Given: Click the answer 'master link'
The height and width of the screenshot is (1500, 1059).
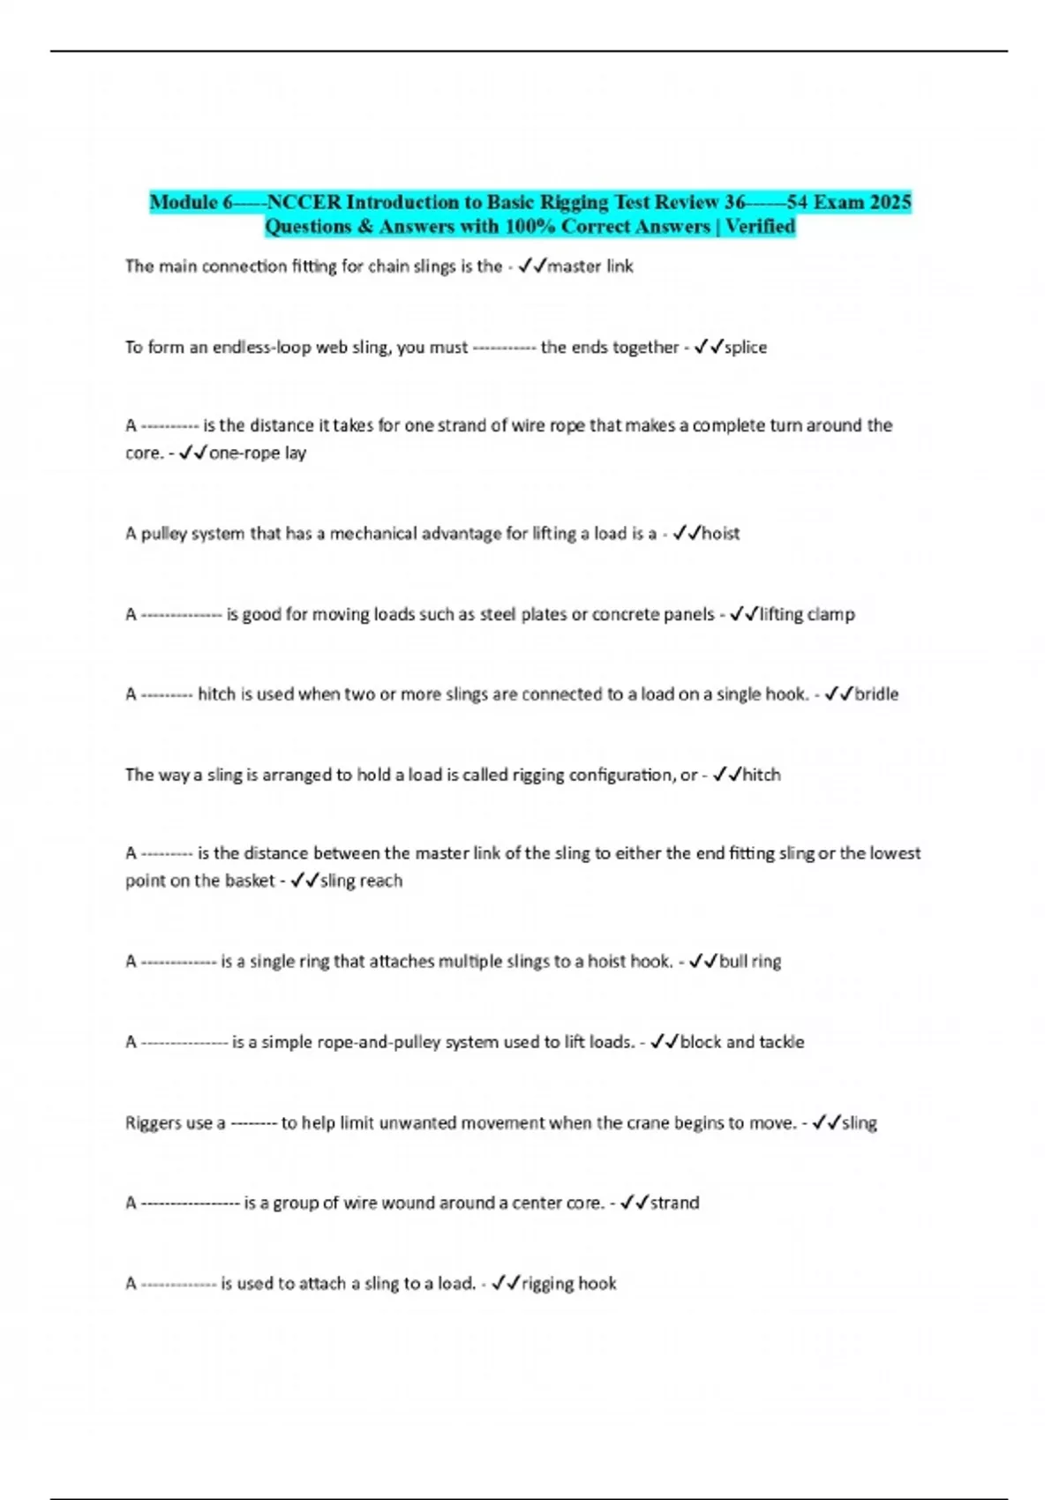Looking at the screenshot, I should tap(590, 266).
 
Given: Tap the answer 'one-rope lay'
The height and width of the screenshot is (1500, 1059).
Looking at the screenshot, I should tap(257, 454).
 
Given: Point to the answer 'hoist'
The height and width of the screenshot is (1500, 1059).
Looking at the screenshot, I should tap(720, 534).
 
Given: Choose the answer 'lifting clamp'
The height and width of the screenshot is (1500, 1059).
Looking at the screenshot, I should tap(807, 614).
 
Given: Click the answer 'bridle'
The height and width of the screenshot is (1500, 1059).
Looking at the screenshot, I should tap(876, 694).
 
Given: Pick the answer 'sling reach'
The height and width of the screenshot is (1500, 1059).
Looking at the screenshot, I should tap(361, 881).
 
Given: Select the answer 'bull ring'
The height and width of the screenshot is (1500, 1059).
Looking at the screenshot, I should tap(750, 962).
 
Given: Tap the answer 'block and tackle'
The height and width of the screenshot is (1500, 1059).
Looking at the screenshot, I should tap(742, 1042).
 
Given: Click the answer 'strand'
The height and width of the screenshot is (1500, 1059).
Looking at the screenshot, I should tap(674, 1203).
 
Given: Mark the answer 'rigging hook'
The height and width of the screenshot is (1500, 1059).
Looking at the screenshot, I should tap(568, 1284).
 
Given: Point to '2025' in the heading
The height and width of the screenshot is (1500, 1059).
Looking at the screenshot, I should tap(890, 202).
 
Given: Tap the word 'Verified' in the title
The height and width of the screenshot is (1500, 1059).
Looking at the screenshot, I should tap(760, 227).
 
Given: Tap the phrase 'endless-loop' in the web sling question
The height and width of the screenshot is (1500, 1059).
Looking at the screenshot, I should tap(262, 348).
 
